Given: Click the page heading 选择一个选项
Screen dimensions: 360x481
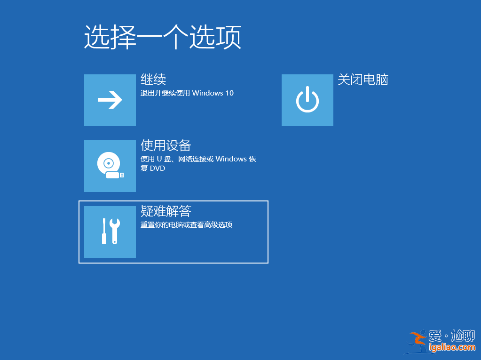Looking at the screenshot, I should coord(162,38).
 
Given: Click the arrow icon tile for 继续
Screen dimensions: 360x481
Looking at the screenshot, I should coord(110,100).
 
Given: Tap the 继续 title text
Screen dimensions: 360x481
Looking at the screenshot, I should coord(153,80).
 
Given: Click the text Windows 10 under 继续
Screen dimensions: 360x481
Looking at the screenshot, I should coord(213,93).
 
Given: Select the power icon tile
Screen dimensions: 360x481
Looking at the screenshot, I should coord(308,100).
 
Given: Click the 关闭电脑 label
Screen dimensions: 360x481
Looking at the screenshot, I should coord(363,80).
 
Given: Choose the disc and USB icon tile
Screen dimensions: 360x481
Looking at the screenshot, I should coord(110,166).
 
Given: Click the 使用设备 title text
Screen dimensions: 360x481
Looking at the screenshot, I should coord(166,145).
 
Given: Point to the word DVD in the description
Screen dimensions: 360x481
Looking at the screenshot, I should coord(158,168).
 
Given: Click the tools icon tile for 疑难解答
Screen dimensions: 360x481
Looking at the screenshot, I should coord(110,232).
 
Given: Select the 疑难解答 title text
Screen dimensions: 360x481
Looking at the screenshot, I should coord(166,211).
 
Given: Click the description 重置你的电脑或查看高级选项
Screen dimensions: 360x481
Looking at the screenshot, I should coord(186,225).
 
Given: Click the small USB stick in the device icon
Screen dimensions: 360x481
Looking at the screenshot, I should coord(114,175).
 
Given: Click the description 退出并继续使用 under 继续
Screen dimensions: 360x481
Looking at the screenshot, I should coord(165,93).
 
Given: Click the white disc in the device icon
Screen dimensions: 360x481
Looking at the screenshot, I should coord(108,163).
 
